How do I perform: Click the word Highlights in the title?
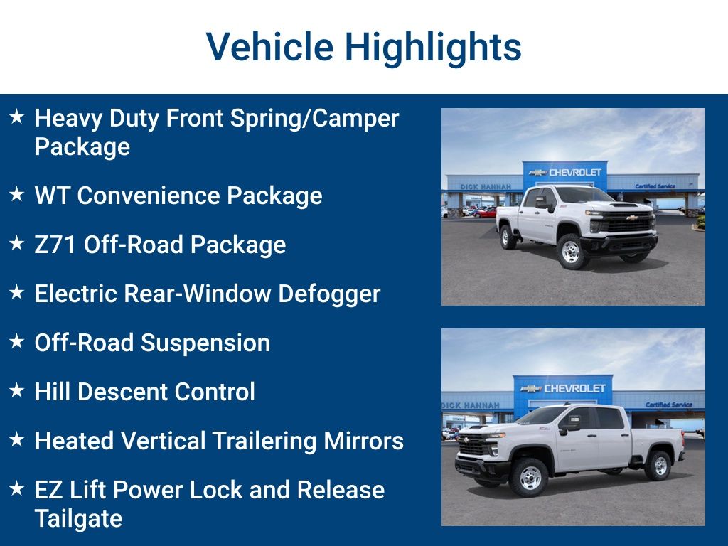point(433,48)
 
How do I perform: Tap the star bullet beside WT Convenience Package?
point(17,194)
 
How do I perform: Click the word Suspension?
point(205,343)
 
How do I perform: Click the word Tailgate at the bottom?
point(78,518)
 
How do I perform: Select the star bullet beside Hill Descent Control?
point(17,390)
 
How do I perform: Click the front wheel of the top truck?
point(571,251)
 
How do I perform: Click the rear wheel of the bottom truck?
point(658,466)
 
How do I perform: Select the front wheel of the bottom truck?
point(530,477)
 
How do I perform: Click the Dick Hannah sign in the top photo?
point(486,187)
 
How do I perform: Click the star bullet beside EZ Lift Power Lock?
point(17,488)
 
